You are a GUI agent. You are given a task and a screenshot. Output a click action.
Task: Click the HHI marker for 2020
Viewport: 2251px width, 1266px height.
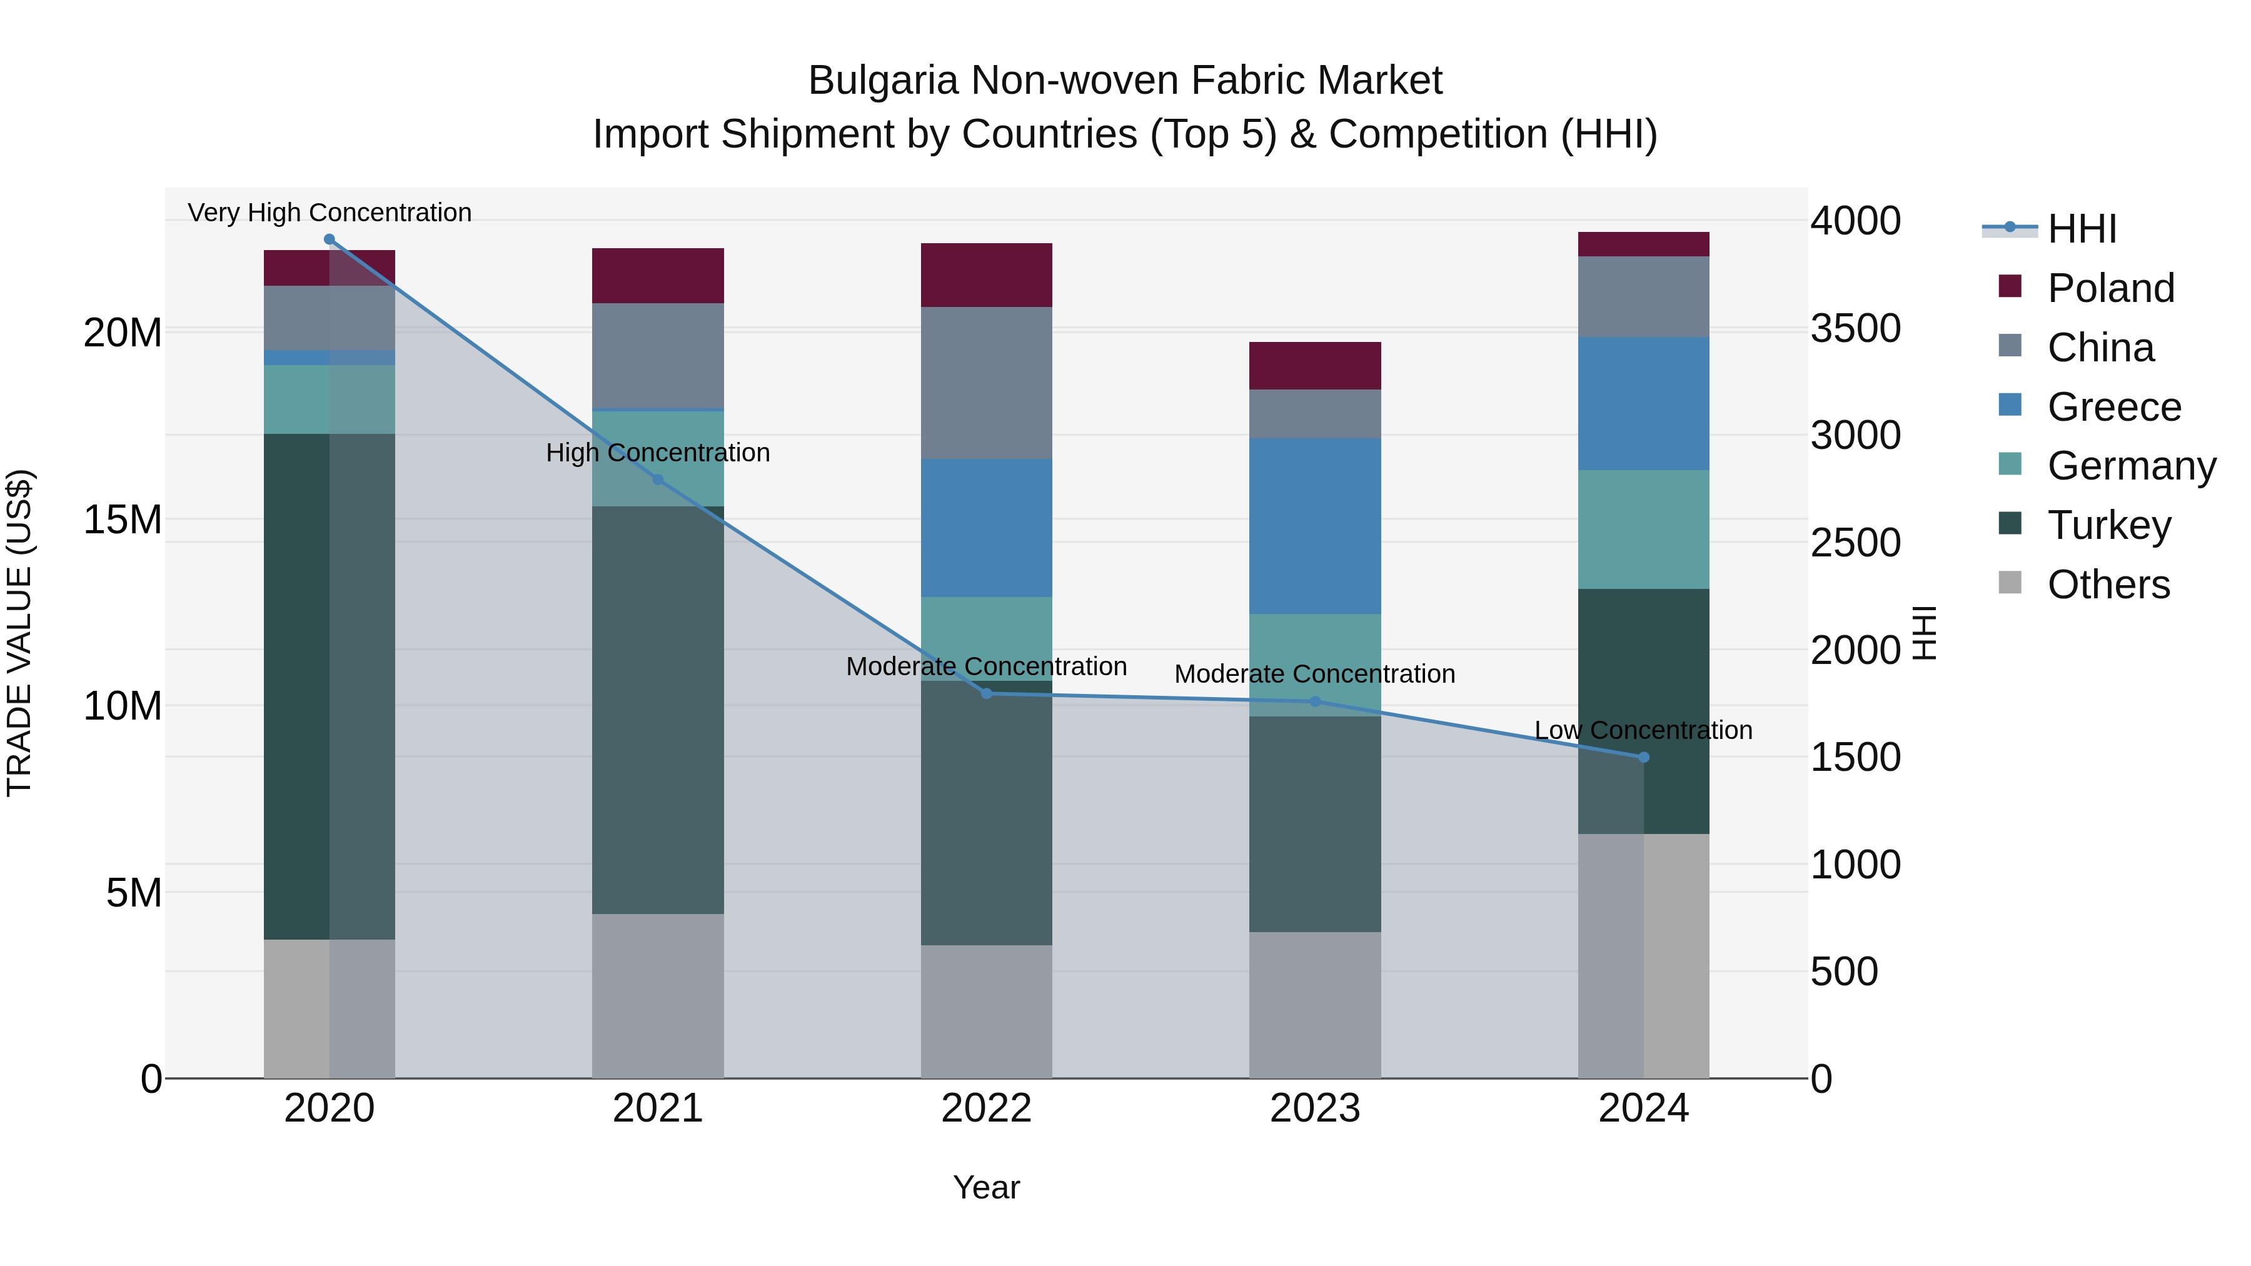point(330,239)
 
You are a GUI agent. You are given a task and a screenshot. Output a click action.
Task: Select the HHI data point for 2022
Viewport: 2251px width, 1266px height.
point(987,693)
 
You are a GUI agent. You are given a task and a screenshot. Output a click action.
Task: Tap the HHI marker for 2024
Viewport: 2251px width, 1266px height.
point(1644,758)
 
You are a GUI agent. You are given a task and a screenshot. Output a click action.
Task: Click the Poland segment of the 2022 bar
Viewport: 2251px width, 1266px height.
point(987,275)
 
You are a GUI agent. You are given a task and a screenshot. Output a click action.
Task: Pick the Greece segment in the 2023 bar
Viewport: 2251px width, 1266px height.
point(1315,526)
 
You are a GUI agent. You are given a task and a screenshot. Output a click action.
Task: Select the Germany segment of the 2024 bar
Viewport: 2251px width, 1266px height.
point(1644,530)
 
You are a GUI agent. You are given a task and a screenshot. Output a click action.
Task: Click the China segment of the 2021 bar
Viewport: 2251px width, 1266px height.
point(658,356)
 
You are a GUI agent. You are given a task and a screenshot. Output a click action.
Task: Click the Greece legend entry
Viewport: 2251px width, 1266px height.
point(2114,407)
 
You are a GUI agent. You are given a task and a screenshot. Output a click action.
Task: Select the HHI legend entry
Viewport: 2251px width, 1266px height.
point(2082,229)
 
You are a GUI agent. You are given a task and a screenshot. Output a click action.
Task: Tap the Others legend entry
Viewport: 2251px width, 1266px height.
point(2108,585)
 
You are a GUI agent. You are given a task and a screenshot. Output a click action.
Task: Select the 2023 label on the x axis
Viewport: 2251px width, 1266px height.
point(1315,1108)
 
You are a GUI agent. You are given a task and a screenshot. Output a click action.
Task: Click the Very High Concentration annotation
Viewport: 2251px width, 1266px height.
point(330,213)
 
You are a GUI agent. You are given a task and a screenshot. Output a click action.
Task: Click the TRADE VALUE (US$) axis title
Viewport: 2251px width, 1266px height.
point(19,633)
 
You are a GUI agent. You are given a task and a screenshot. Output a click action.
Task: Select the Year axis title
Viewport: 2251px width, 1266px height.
point(987,1187)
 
